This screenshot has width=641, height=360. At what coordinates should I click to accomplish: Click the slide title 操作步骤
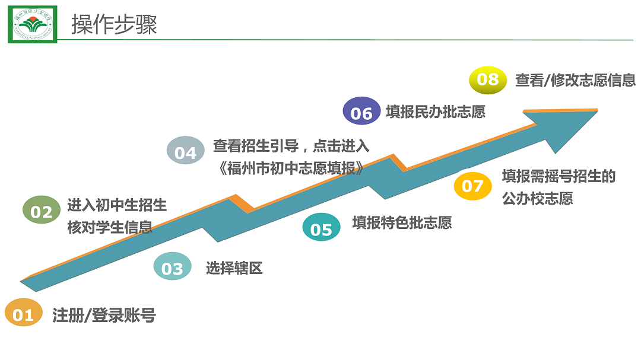tap(114, 25)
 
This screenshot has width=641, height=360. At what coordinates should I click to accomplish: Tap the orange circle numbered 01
tap(24, 314)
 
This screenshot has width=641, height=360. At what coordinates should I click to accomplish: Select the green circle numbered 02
tap(42, 211)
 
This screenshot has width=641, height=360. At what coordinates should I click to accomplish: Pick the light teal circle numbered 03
tap(172, 268)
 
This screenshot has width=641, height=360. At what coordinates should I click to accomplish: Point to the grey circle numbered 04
tap(185, 152)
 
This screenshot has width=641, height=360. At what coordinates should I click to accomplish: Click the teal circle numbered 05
tap(321, 228)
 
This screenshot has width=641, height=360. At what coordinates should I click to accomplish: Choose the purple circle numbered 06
tap(361, 113)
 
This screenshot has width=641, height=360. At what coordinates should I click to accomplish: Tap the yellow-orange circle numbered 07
tap(472, 186)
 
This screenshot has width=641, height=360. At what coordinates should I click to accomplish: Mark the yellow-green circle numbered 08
tap(488, 79)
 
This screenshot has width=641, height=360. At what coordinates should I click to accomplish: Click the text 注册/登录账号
tap(104, 315)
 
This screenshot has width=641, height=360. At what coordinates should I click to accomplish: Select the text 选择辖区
tap(234, 268)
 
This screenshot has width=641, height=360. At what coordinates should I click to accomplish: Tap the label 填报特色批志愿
tap(402, 222)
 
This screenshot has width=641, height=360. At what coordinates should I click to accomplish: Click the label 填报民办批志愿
tap(435, 111)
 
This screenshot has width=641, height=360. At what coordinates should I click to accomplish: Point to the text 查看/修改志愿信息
tap(575, 80)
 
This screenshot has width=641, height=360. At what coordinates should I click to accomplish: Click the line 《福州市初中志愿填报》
tap(291, 168)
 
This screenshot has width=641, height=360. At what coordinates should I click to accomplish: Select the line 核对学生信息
tap(109, 227)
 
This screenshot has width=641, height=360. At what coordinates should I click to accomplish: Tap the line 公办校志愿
tap(537, 199)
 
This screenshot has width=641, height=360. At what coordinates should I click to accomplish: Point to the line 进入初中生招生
tap(117, 205)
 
